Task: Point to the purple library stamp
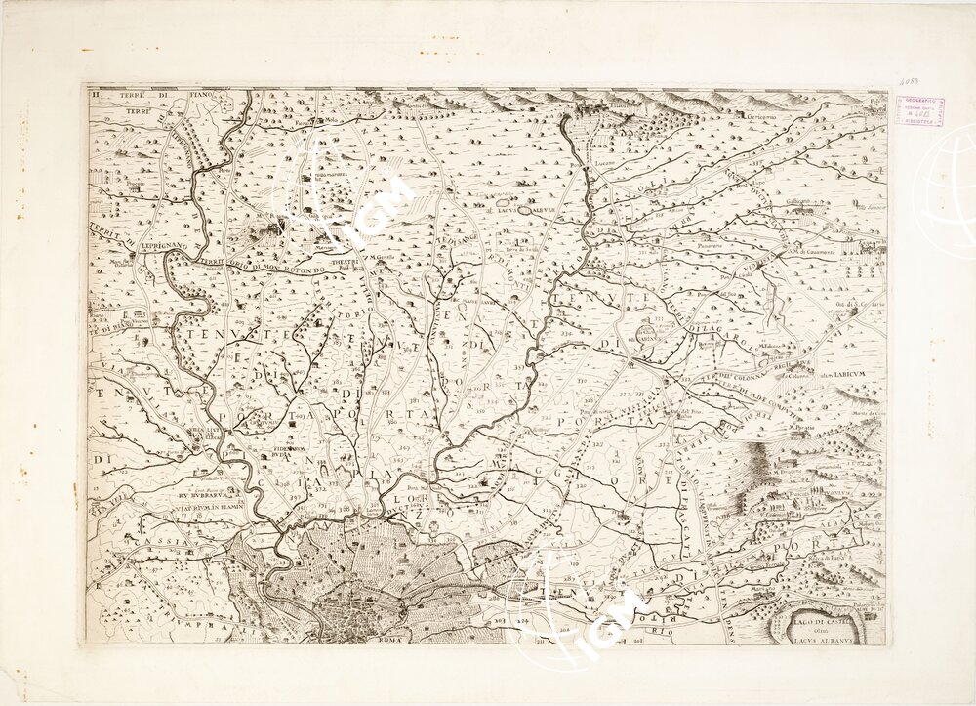tap(919, 109)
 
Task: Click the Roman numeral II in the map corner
tap(96, 96)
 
